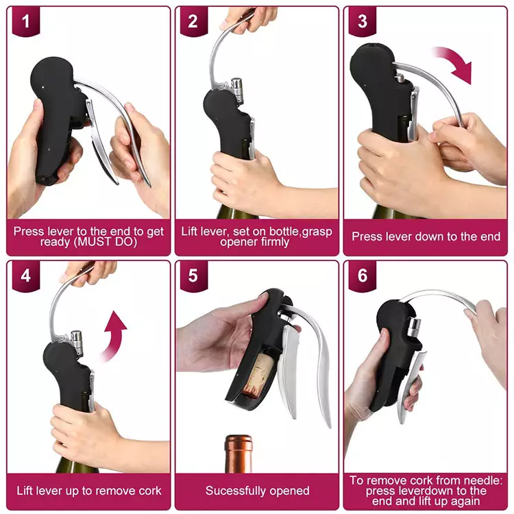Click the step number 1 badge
coord(26,21)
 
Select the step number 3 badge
coord(363,21)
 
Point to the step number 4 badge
coord(26,276)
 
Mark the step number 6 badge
coord(363,276)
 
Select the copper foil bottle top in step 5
coord(238,454)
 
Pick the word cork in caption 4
coord(150,491)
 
